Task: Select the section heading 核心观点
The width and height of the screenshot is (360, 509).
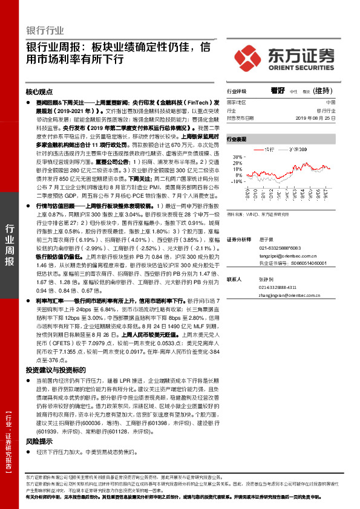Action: (x=40, y=92)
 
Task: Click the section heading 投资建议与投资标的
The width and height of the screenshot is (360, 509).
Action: (x=56, y=369)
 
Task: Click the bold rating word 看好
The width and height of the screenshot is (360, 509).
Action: (x=278, y=90)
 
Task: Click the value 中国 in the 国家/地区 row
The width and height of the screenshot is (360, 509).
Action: (x=330, y=103)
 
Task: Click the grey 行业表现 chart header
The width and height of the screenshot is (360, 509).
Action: (x=237, y=139)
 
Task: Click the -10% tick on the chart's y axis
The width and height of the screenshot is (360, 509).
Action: (x=235, y=181)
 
